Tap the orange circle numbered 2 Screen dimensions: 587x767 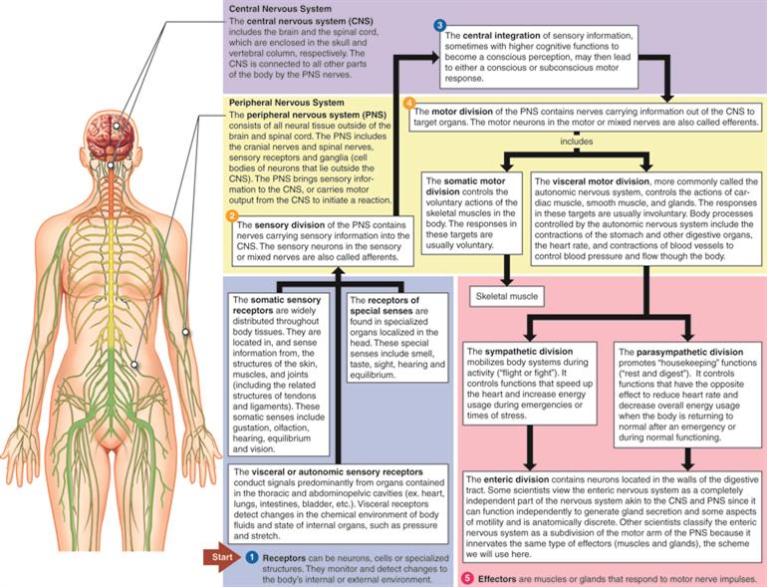click(x=232, y=215)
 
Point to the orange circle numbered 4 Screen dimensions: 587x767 click(x=407, y=102)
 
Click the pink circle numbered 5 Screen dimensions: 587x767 click(x=468, y=578)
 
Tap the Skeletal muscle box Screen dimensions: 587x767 click(x=508, y=296)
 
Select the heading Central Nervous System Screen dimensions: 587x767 click(x=266, y=7)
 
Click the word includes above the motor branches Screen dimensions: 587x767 click(x=576, y=142)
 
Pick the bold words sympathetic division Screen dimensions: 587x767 click(x=518, y=352)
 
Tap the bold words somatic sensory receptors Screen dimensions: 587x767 click(x=259, y=303)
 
